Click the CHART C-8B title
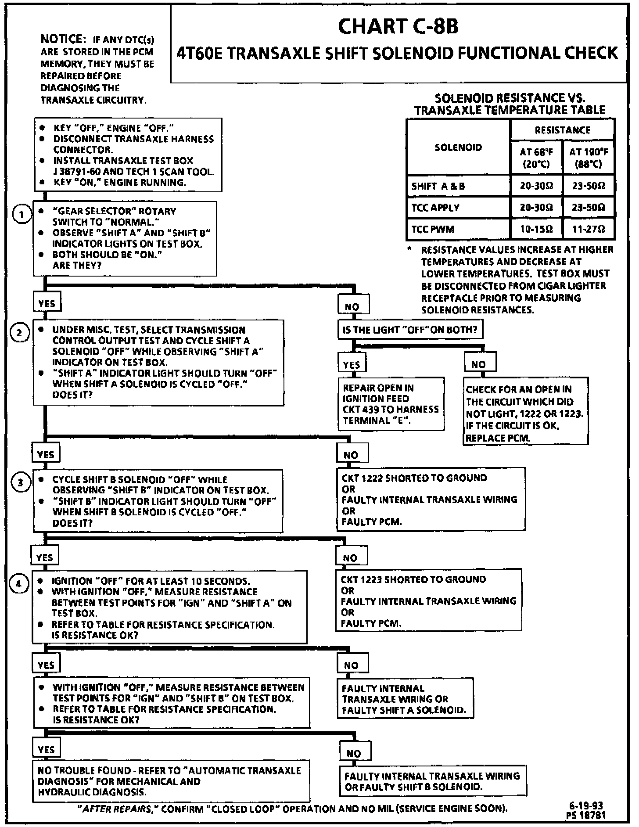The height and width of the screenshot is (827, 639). pyautogui.click(x=398, y=26)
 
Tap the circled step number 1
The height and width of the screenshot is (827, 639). pyautogui.click(x=21, y=215)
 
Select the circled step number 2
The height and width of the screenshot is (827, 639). pyautogui.click(x=19, y=333)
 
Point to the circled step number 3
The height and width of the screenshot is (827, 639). pyautogui.click(x=20, y=483)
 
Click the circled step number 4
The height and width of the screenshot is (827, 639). pyautogui.click(x=18, y=584)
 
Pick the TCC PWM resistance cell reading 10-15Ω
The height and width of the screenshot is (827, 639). pyautogui.click(x=536, y=229)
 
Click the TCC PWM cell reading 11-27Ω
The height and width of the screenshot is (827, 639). pyautogui.click(x=589, y=229)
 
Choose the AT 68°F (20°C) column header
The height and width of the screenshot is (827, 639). pyautogui.click(x=536, y=158)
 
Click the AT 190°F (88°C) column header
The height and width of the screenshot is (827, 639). pyautogui.click(x=589, y=158)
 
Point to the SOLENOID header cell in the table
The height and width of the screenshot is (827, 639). pyautogui.click(x=458, y=147)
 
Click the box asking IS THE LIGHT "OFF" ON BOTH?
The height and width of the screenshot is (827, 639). pyautogui.click(x=410, y=330)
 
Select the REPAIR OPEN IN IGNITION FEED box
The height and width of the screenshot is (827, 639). pyautogui.click(x=391, y=404)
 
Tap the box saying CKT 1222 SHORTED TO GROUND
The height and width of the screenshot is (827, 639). pyautogui.click(x=430, y=500)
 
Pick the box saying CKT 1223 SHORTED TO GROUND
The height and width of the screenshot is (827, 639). pyautogui.click(x=428, y=600)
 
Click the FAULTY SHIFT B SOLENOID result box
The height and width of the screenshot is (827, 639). pyautogui.click(x=432, y=781)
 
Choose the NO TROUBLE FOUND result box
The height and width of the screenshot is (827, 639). pyautogui.click(x=171, y=781)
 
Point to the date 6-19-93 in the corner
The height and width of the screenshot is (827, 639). pyautogui.click(x=586, y=805)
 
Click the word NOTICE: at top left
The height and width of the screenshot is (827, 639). pyautogui.click(x=62, y=39)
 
